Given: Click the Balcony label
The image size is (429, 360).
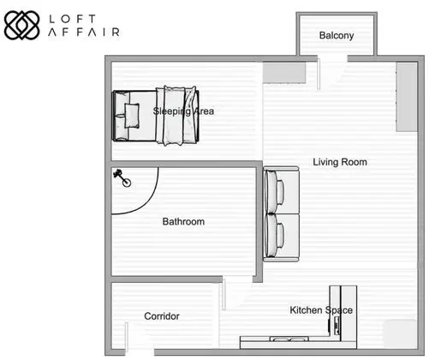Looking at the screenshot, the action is click(337, 35).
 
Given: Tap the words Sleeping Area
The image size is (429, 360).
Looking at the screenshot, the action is click(183, 111).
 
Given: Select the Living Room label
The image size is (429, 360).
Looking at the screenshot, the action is click(340, 162).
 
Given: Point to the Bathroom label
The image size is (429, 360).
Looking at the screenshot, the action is click(183, 221).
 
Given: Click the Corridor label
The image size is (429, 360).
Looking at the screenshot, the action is click(162, 316).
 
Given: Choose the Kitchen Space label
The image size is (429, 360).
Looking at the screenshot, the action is click(321, 310).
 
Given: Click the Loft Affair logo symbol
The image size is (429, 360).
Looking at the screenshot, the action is click(21, 25).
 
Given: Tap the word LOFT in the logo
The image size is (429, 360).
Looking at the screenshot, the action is click(72, 19).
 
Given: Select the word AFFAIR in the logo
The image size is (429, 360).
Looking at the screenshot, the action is click(84, 32).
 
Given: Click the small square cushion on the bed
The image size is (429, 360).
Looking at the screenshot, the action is click(132, 116).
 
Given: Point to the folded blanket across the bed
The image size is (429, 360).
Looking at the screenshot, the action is click(177, 115).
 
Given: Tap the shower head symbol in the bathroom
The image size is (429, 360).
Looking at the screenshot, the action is click(122, 177).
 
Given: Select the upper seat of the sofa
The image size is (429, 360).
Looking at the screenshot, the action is click(281, 190).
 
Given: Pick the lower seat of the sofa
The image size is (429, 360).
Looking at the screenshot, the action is click(281, 237).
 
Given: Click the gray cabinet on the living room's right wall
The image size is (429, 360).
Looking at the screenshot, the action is click(407, 97).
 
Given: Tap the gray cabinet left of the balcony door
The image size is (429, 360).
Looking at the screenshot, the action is click(284, 73).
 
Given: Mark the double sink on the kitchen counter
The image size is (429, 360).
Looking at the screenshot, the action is click(289, 339).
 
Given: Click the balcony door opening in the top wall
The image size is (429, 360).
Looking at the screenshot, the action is click(332, 59).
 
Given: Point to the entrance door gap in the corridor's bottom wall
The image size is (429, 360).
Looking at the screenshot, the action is click(140, 352).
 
